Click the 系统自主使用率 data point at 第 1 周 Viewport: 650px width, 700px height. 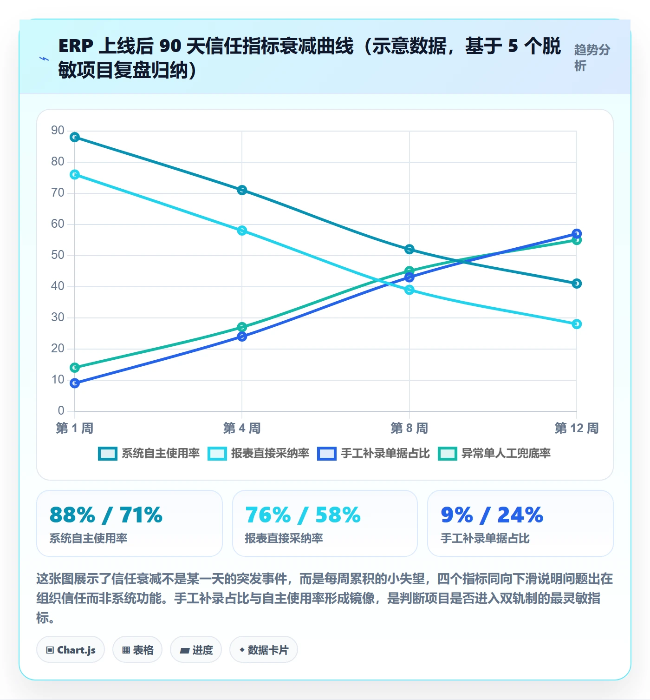pyautogui.click(x=75, y=137)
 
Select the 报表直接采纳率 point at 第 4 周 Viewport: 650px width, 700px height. pyautogui.click(x=242, y=231)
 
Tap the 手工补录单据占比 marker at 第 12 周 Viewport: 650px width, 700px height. pyautogui.click(x=576, y=234)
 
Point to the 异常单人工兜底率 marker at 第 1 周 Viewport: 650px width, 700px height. pyautogui.click(x=75, y=368)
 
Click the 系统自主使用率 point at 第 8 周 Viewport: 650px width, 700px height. pyautogui.click(x=409, y=249)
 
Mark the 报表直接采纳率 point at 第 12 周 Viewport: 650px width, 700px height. pyautogui.click(x=576, y=324)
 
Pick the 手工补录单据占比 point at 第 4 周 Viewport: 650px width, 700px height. pyautogui.click(x=242, y=337)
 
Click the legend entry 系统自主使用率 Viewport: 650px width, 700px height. pyautogui.click(x=149, y=453)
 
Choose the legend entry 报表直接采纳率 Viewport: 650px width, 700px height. pyautogui.click(x=258, y=453)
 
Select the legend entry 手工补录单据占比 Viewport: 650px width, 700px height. pyautogui.click(x=373, y=453)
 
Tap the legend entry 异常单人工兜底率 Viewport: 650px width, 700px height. pyautogui.click(x=494, y=453)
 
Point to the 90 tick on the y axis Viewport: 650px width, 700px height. pyautogui.click(x=58, y=131)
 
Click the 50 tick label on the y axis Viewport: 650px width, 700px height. pyautogui.click(x=58, y=255)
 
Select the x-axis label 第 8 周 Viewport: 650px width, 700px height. pyautogui.click(x=409, y=428)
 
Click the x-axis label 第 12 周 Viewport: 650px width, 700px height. pyautogui.click(x=576, y=428)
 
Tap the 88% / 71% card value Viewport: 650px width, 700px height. pyautogui.click(x=106, y=515)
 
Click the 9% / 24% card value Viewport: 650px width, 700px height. pyautogui.click(x=492, y=515)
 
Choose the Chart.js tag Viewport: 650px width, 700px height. pyautogui.click(x=71, y=650)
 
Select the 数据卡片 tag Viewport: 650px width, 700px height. pyautogui.click(x=263, y=650)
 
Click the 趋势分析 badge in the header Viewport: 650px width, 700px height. pyautogui.click(x=592, y=58)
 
